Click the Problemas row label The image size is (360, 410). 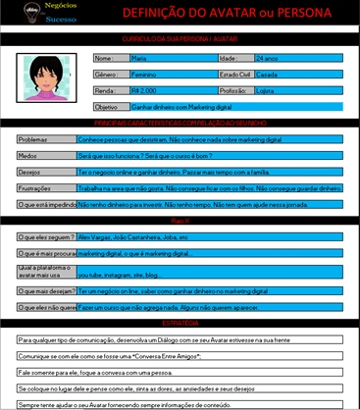[x=33, y=139]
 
